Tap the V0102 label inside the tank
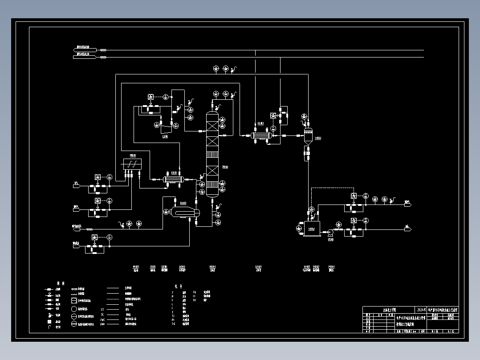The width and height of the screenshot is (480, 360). point(312,229)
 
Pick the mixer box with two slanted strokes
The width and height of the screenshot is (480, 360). point(132,164)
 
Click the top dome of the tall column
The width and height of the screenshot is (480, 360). point(212,115)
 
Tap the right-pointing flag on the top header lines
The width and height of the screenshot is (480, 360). point(85,48)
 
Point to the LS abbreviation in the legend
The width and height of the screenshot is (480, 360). point(102,308)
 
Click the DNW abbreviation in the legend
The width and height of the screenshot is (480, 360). point(102,324)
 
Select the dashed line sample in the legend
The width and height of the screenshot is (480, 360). point(113,294)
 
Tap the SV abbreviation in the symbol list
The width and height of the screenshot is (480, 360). point(195,300)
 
